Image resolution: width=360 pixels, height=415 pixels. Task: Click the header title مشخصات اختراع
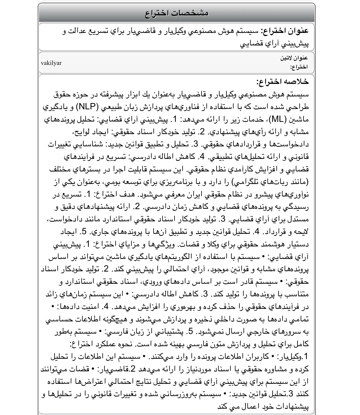(x=176, y=13)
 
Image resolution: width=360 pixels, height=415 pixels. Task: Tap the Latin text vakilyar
(x=51, y=63)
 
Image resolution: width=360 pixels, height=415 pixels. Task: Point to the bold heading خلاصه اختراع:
(x=282, y=82)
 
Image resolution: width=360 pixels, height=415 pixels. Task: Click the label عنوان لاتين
(x=294, y=58)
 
